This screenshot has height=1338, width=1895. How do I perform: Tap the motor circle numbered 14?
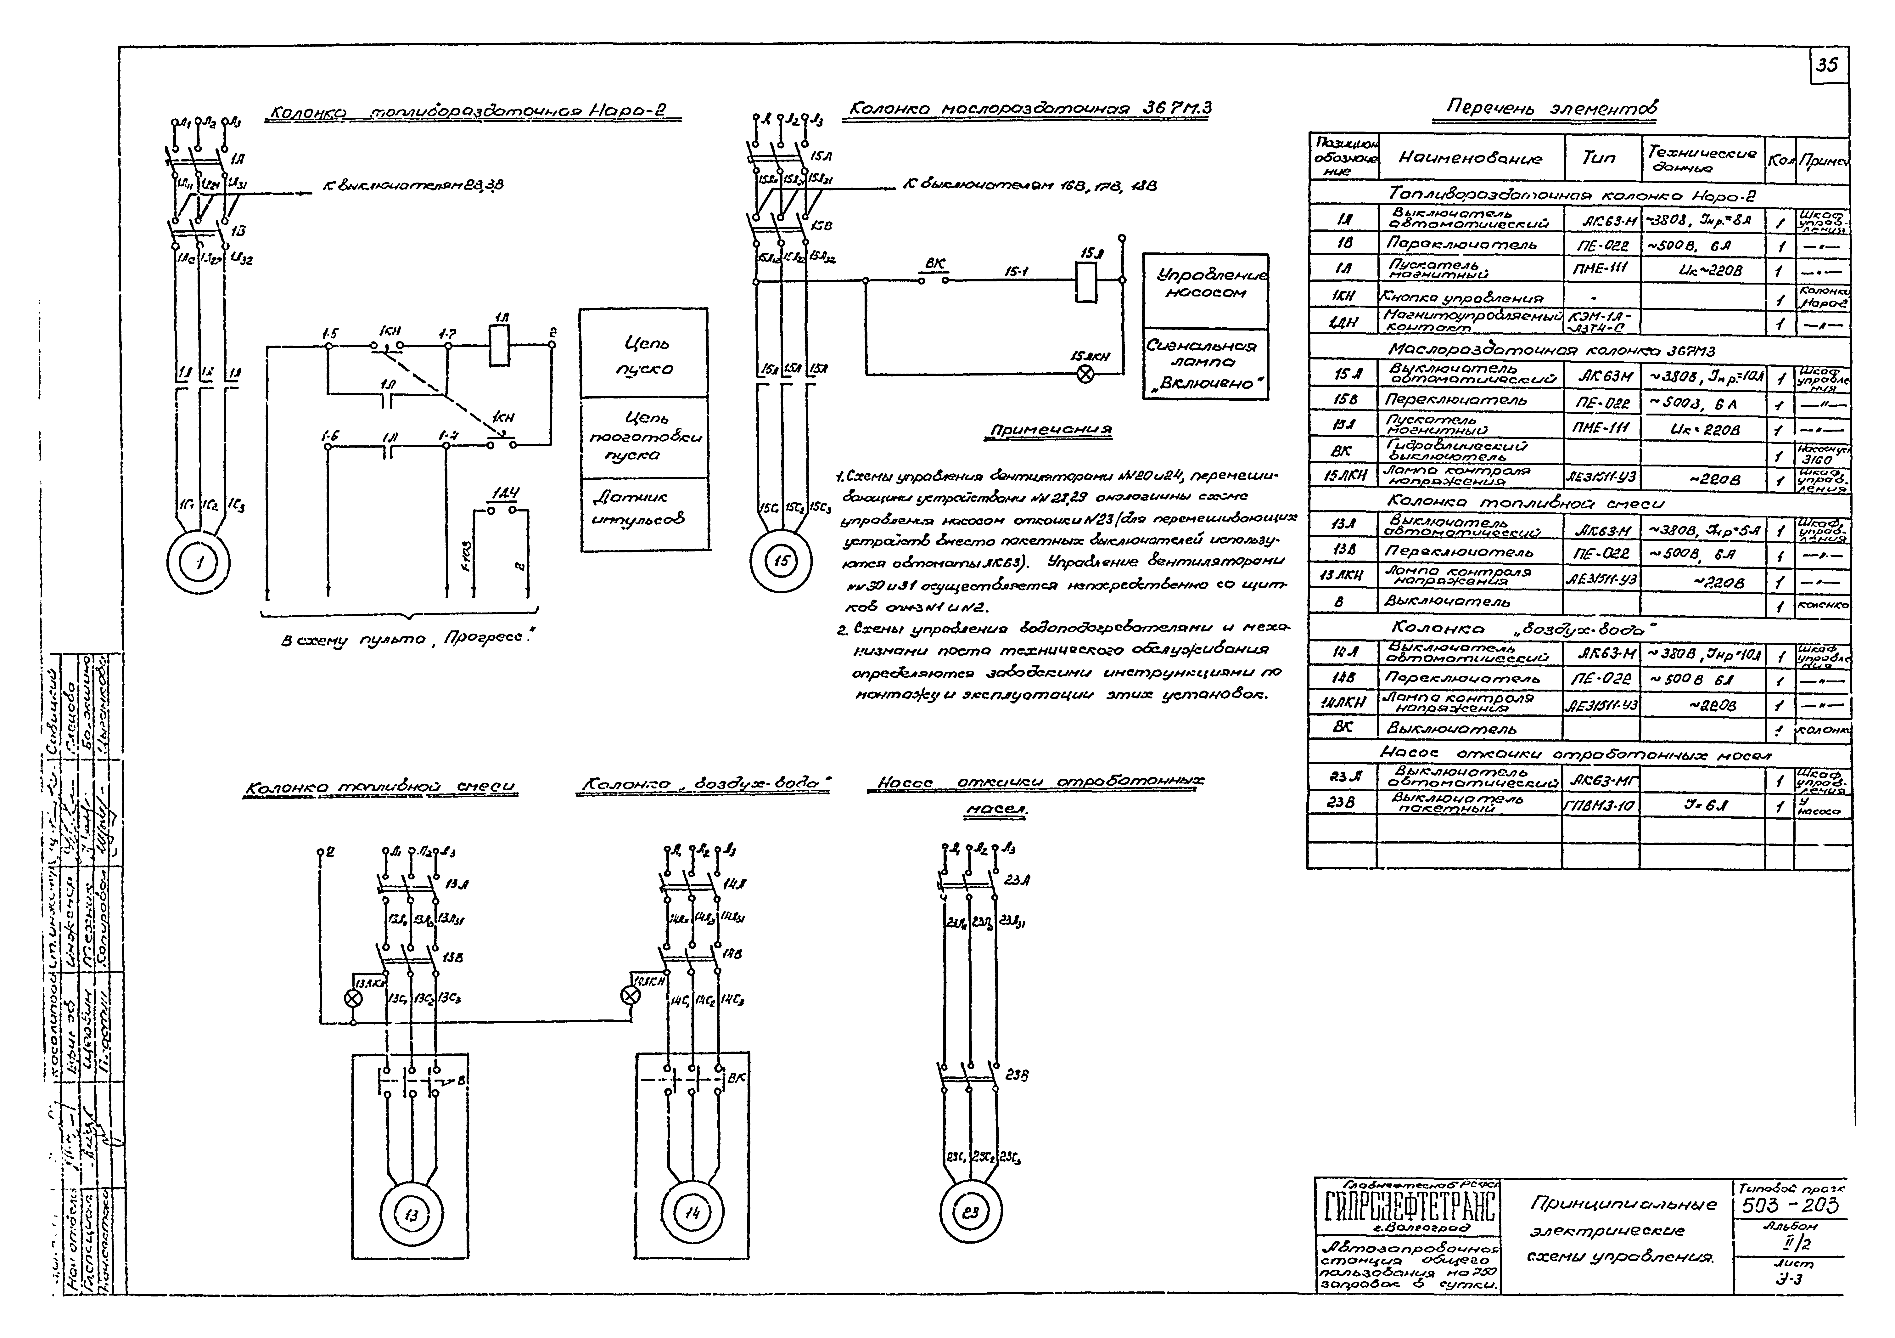coord(692,1212)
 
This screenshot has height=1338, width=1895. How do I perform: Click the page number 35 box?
coord(1827,65)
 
